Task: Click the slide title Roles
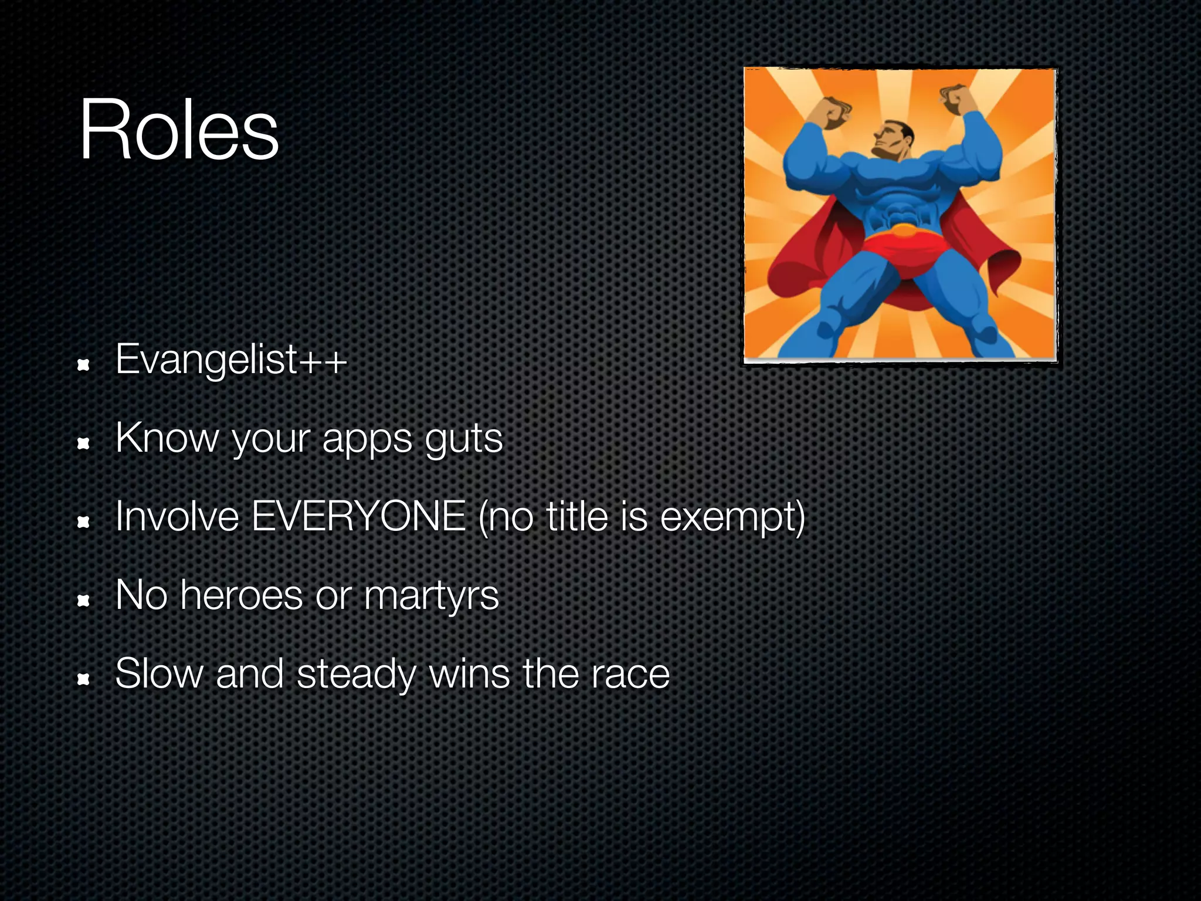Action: (x=179, y=130)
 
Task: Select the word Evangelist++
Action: (x=231, y=359)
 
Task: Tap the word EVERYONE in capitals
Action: (x=358, y=517)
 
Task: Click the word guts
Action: (x=464, y=439)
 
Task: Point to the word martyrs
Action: (x=431, y=596)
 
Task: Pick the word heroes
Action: (x=242, y=595)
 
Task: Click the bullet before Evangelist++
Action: (x=83, y=365)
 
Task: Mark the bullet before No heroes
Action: (x=83, y=601)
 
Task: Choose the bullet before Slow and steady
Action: (x=83, y=679)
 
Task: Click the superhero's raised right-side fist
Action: (x=956, y=100)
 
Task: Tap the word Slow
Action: (x=159, y=674)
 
